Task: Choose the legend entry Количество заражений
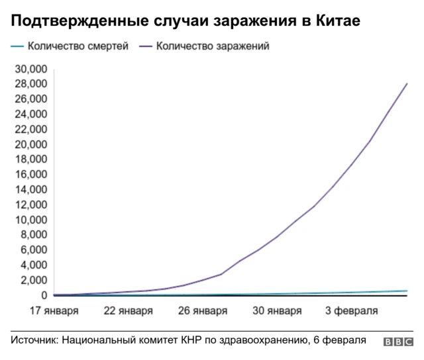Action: point(213,47)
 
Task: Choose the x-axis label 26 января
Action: point(203,310)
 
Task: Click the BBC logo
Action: point(397,341)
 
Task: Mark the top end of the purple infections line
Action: point(407,83)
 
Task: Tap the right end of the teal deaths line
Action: point(407,291)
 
